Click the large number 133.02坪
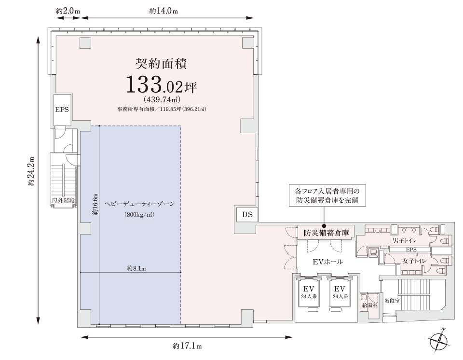click(x=161, y=85)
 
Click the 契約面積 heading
click(x=161, y=64)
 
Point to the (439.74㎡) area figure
click(x=161, y=100)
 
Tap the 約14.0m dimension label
click(x=163, y=11)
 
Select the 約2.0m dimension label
click(x=68, y=11)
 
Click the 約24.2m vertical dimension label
click(x=32, y=172)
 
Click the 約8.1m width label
click(x=136, y=268)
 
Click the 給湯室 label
click(x=369, y=305)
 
